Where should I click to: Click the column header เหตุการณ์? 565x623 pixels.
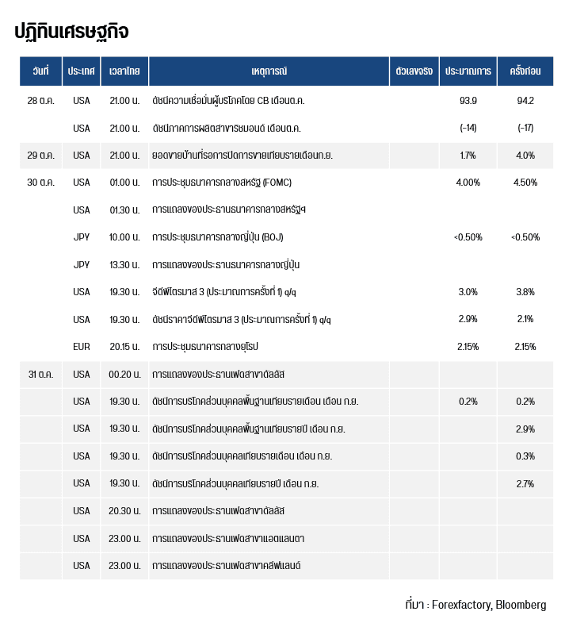(269, 71)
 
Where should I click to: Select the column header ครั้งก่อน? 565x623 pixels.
(525, 71)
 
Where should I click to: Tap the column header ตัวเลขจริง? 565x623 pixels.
(414, 71)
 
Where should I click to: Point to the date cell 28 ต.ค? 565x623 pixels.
(41, 101)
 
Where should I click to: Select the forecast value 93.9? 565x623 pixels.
(468, 101)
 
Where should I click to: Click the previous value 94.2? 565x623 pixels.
(525, 101)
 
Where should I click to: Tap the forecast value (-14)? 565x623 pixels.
(468, 128)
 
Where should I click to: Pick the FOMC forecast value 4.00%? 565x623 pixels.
(468, 183)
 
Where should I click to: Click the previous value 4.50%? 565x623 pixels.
(525, 183)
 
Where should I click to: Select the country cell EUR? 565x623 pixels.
(82, 347)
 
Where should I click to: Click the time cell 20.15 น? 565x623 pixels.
(124, 347)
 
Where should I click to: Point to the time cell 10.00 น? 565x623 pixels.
(124, 237)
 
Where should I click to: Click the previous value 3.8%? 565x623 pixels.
(525, 292)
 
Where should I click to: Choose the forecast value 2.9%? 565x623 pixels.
(468, 319)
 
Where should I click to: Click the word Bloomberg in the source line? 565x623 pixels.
(521, 605)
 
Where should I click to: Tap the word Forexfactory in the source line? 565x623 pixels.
(461, 605)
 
